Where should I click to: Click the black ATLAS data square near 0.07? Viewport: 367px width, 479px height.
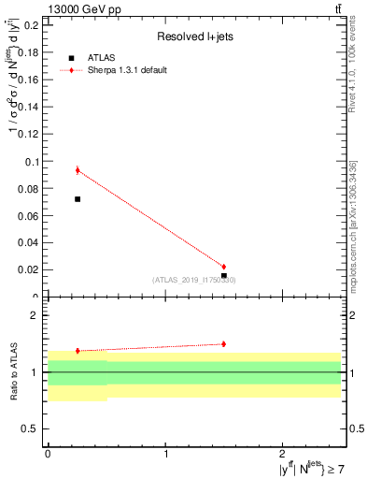[x=78, y=199]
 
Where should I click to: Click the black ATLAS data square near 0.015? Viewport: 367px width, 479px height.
[x=224, y=276]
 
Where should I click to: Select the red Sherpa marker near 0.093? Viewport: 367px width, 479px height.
[x=78, y=170]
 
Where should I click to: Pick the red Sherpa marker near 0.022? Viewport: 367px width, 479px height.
[x=223, y=267]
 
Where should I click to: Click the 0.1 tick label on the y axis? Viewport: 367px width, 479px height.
[x=30, y=162]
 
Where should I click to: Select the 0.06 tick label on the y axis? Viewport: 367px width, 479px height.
[x=27, y=216]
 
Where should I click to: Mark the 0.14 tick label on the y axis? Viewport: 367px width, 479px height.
[x=27, y=107]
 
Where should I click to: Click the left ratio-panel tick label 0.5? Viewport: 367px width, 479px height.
[x=30, y=428]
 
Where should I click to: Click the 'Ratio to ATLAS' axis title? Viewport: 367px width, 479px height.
[x=12, y=372]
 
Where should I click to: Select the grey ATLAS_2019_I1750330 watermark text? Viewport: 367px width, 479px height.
[x=194, y=280]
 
